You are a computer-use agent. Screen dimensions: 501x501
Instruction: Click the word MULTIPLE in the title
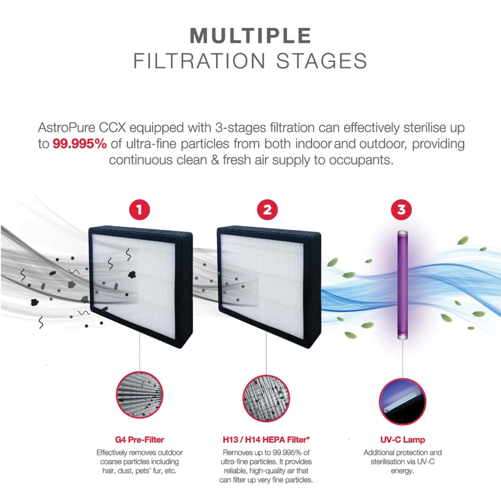(250, 36)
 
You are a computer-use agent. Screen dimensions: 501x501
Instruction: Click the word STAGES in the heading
(321, 61)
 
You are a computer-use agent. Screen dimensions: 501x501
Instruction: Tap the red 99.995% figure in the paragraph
(79, 144)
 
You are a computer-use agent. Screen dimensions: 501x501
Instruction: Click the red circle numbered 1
(139, 210)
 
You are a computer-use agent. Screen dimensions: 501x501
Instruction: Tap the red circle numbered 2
(267, 210)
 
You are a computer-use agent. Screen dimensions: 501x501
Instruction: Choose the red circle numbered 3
(401, 210)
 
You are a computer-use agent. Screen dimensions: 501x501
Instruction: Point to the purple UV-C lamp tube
(402, 285)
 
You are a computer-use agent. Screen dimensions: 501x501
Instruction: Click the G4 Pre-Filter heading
(139, 440)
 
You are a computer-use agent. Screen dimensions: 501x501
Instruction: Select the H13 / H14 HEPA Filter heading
(266, 440)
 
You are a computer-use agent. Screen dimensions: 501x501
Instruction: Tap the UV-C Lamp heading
(402, 440)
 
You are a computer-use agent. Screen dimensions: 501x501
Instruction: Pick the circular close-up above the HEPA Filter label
(266, 398)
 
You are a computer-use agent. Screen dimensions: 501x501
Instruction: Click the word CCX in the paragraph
(112, 128)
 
